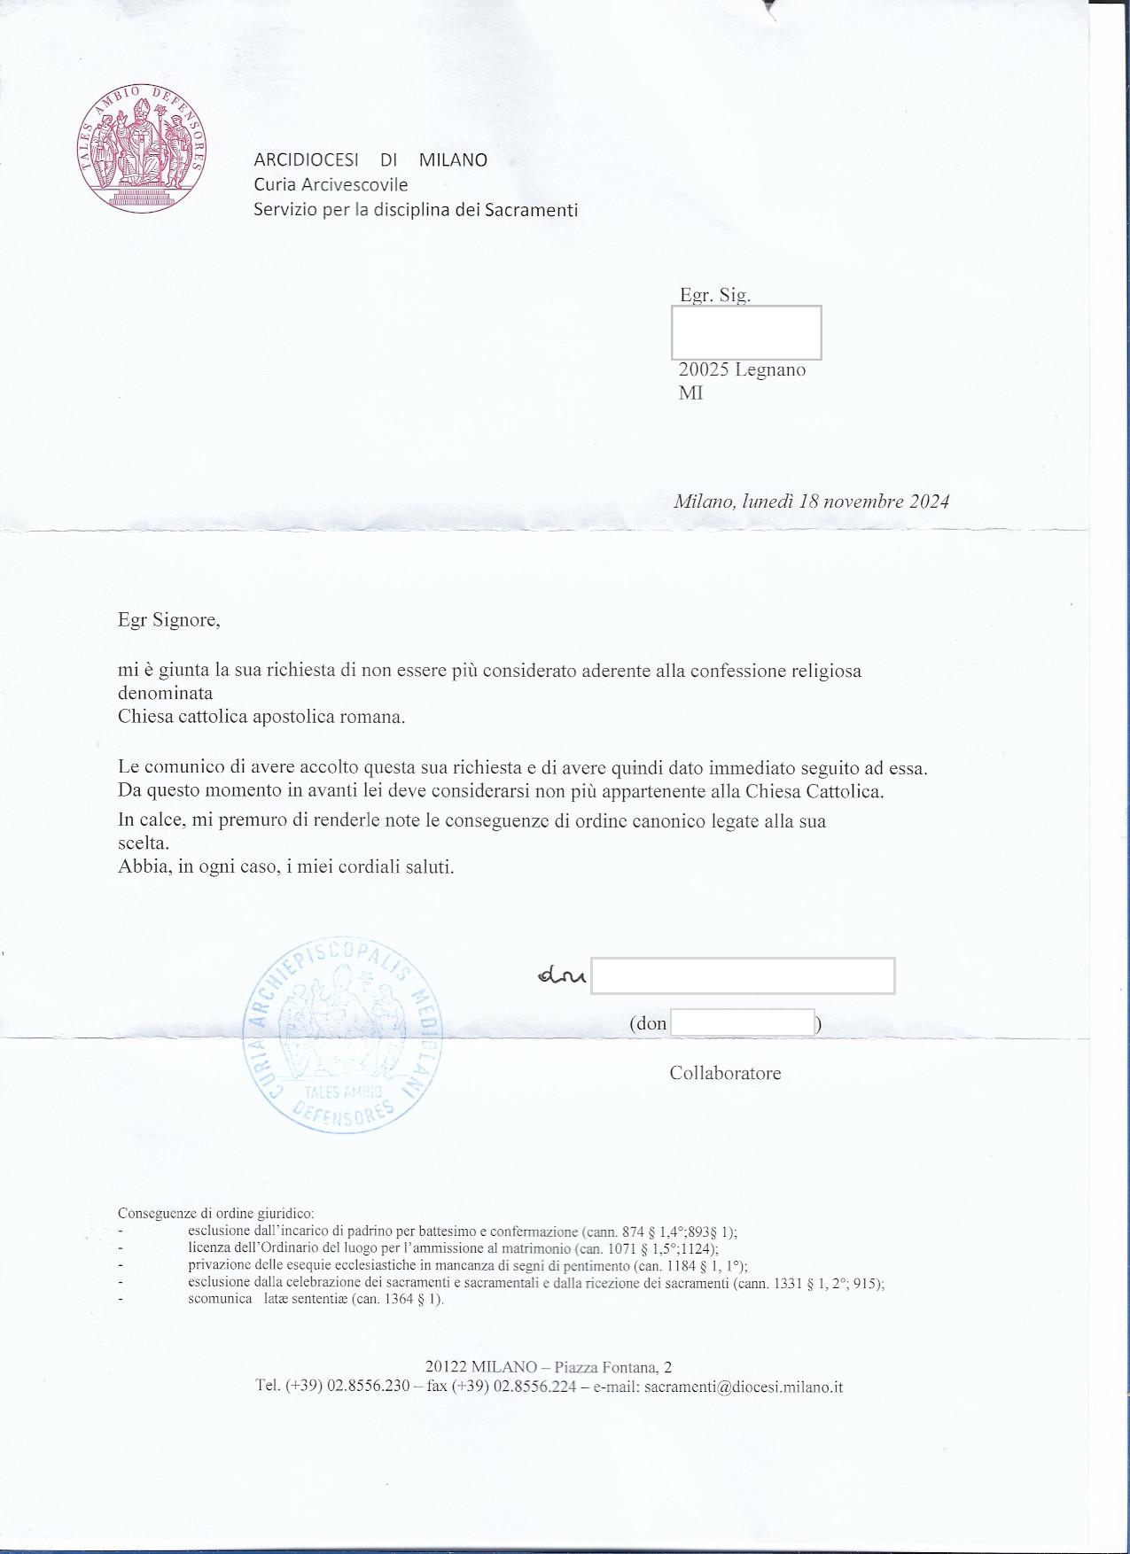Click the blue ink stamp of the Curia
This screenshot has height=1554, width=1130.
pyautogui.click(x=343, y=1035)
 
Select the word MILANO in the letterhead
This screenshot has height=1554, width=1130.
pyautogui.click(x=453, y=160)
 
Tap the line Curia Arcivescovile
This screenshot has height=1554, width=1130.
pyautogui.click(x=331, y=184)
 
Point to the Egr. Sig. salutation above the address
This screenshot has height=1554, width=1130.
pyautogui.click(x=714, y=295)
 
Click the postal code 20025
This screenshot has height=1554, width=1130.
pyautogui.click(x=703, y=370)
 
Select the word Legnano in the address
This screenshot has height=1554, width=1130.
pyautogui.click(x=770, y=370)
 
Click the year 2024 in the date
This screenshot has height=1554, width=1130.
pyautogui.click(x=929, y=501)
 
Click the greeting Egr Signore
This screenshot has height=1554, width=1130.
pyautogui.click(x=168, y=619)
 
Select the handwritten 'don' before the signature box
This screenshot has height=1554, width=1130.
pyautogui.click(x=562, y=975)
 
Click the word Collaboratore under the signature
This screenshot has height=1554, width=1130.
pyautogui.click(x=725, y=1073)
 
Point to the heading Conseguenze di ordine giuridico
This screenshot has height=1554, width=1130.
pyautogui.click(x=215, y=1214)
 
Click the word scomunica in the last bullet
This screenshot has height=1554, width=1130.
pyautogui.click(x=220, y=1299)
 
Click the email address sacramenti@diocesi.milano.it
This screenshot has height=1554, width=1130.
pyautogui.click(x=744, y=1387)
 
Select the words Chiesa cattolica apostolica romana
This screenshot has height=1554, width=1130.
pyautogui.click(x=261, y=717)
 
